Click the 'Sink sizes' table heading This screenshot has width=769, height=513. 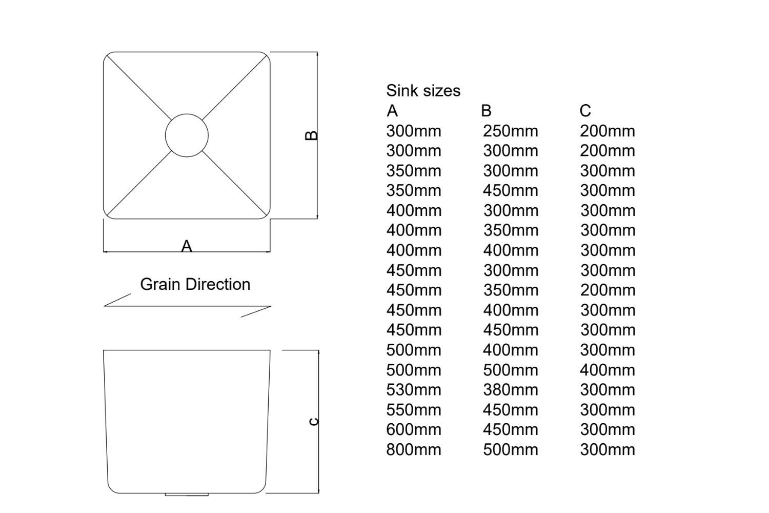[423, 91]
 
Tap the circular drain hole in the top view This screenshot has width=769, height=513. [187, 135]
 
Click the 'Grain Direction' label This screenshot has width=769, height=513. [195, 284]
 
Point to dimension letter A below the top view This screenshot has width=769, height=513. [187, 246]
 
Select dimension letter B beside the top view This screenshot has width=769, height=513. [311, 135]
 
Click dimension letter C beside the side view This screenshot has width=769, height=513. [314, 422]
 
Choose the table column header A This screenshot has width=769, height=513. [392, 111]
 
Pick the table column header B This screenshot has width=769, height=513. [486, 111]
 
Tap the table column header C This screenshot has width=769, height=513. [585, 111]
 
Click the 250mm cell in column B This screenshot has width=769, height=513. [510, 131]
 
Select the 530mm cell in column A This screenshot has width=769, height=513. [413, 390]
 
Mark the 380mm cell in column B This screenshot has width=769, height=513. [510, 390]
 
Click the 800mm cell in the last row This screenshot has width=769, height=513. [413, 450]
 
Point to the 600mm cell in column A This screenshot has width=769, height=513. [413, 430]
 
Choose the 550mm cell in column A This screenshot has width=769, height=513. [413, 410]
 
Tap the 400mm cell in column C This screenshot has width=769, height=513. [608, 370]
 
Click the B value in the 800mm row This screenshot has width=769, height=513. [510, 450]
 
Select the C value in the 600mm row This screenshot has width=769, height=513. [608, 430]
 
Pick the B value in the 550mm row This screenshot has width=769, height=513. [510, 410]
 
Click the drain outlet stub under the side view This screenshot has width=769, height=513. [187, 495]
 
